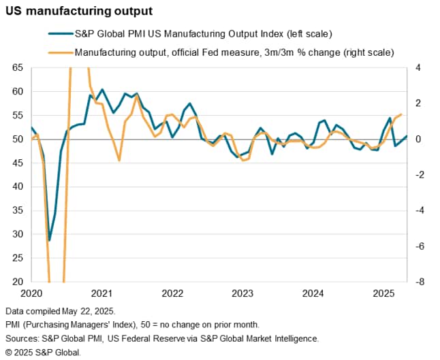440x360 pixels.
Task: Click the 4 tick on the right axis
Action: (x=418, y=68)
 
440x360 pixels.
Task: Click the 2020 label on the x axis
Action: (x=31, y=293)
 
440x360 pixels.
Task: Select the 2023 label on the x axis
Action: (x=242, y=293)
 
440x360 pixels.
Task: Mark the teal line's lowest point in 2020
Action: (x=49, y=240)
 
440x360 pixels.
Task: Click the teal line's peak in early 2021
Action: (x=102, y=89)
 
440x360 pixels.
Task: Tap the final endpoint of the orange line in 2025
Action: (x=401, y=114)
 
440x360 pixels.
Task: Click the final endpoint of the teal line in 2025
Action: (x=407, y=136)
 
